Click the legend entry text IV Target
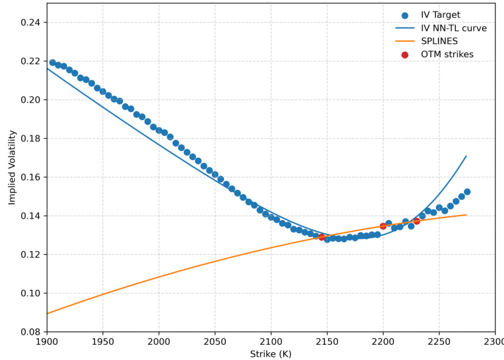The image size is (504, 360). click(440, 15)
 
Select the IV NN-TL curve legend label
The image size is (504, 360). click(453, 29)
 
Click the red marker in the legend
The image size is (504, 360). click(405, 55)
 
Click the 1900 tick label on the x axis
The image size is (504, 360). click(47, 342)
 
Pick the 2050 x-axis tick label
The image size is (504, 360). click(215, 342)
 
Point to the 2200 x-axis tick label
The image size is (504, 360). click(383, 342)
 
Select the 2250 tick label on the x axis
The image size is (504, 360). click(439, 342)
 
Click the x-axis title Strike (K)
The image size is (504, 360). click(271, 354)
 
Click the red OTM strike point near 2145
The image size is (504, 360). click(322, 237)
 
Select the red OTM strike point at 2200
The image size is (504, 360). click(383, 226)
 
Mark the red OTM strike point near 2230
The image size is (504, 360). click(416, 221)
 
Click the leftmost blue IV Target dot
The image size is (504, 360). click(52, 63)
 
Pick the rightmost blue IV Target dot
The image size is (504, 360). click(467, 192)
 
